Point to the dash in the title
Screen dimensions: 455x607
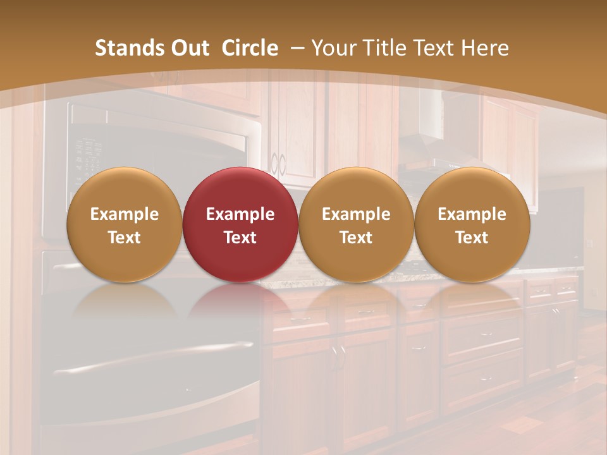pyautogui.click(x=296, y=48)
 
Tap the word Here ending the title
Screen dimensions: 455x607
pyautogui.click(x=486, y=48)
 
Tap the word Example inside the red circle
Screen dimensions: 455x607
pyautogui.click(x=240, y=214)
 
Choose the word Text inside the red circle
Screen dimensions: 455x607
pyautogui.click(x=240, y=238)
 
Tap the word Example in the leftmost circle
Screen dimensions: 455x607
pyautogui.click(x=124, y=214)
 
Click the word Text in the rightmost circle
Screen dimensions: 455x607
pyautogui.click(x=472, y=238)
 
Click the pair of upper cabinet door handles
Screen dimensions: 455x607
pyautogui.click(x=278, y=164)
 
